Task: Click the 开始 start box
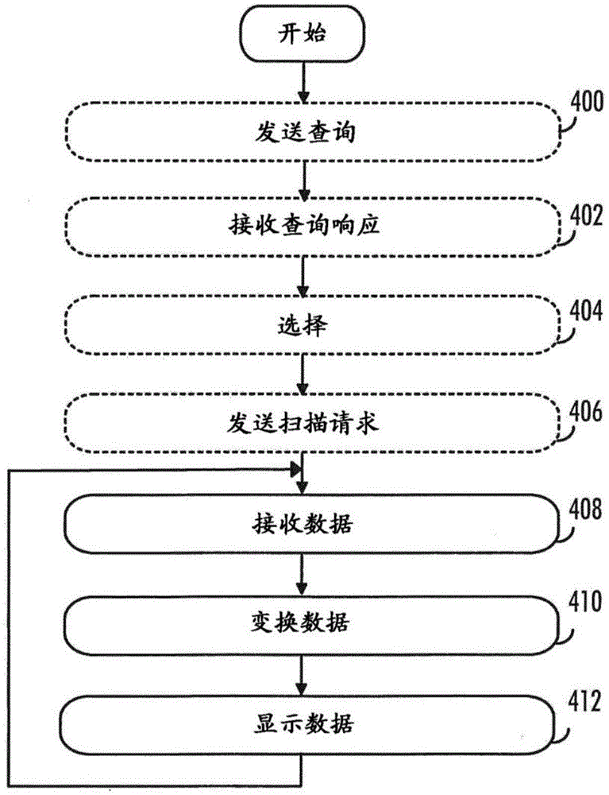303,34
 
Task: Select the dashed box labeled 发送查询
313,132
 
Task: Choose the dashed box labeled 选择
312,324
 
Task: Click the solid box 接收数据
312,523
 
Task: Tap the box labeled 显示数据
308,725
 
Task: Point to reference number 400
588,101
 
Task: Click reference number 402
587,215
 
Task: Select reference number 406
586,412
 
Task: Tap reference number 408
586,509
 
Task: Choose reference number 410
585,603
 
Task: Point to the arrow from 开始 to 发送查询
303,83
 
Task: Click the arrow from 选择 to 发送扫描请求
303,374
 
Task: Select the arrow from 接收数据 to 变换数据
302,575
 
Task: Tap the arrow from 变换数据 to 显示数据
302,675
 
